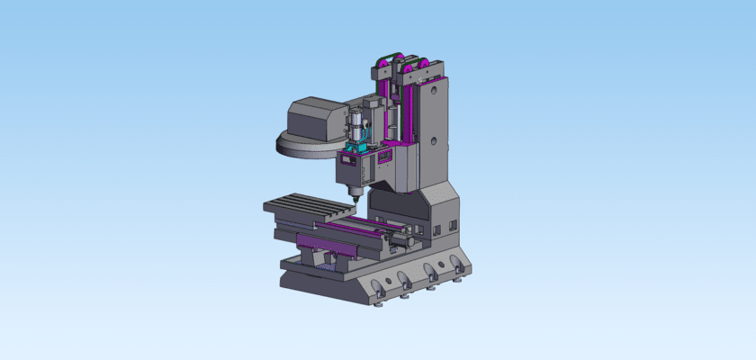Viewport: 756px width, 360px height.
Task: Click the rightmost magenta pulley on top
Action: pos(417,64)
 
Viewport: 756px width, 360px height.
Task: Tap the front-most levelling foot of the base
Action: pos(379,304)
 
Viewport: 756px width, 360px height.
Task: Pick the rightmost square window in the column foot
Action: pos(453,225)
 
